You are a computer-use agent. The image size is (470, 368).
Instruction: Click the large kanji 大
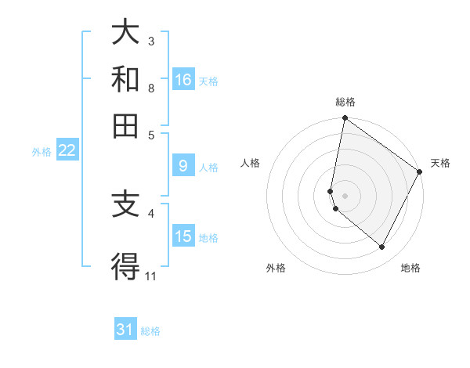pyautogui.click(x=126, y=33)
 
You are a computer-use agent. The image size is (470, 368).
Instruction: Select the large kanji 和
pyautogui.click(x=126, y=79)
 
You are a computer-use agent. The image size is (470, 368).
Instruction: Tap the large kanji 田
pyautogui.click(x=126, y=125)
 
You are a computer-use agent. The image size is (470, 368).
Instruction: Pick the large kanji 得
pyautogui.click(x=126, y=267)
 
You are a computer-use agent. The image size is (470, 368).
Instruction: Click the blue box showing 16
pyautogui.click(x=183, y=80)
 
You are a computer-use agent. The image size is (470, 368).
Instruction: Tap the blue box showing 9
pyautogui.click(x=183, y=166)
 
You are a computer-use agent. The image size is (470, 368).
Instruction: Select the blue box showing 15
pyautogui.click(x=183, y=236)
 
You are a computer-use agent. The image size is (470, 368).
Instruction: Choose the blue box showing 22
pyautogui.click(x=67, y=151)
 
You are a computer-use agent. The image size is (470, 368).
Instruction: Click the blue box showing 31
pyautogui.click(x=125, y=330)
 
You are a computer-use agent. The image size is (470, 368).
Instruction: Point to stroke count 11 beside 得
pyautogui.click(x=151, y=276)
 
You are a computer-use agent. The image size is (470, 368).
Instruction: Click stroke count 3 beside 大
pyautogui.click(x=151, y=41)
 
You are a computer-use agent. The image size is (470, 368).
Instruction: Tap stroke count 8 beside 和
pyautogui.click(x=151, y=88)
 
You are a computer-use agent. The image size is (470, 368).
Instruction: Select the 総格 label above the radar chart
pyautogui.click(x=345, y=102)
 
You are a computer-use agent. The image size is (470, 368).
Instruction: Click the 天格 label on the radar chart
pyautogui.click(x=440, y=163)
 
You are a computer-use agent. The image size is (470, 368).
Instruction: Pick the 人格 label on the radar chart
pyautogui.click(x=251, y=163)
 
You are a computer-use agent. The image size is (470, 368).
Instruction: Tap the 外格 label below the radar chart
pyautogui.click(x=276, y=269)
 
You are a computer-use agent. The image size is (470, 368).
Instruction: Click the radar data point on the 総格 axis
pyautogui.click(x=345, y=119)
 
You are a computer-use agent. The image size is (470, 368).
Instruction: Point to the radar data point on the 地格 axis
pyautogui.click(x=382, y=247)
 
